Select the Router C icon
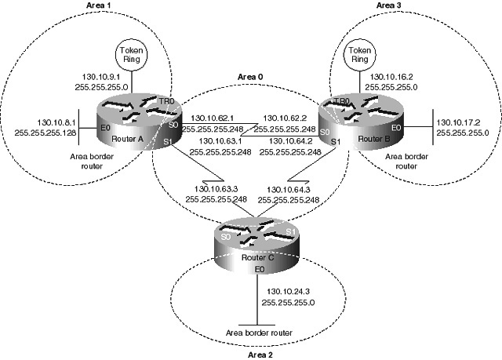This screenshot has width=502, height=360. coord(252,235)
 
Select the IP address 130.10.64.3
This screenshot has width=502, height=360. coord(291,189)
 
